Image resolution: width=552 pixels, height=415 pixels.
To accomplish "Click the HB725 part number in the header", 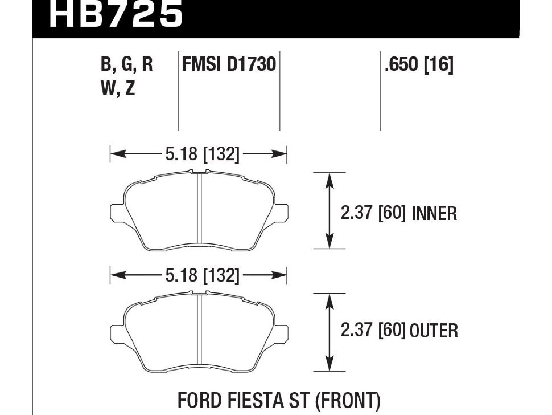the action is (116, 14).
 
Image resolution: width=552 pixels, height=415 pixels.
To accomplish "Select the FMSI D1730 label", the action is (229, 64).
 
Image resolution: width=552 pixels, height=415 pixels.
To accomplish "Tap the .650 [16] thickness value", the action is (419, 64).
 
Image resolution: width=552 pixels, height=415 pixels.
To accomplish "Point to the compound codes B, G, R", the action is (127, 64).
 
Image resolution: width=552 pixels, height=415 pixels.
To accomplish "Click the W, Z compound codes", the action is (118, 88).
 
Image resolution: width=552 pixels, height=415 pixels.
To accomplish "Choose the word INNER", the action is (434, 214).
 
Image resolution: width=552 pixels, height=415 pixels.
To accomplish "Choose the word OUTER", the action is (434, 331).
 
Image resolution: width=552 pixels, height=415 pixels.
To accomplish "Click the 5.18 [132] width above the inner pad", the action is (203, 154).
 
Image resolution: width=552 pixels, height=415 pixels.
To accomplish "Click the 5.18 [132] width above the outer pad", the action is (203, 275).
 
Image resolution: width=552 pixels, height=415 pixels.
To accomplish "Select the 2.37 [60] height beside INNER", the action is (373, 214).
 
